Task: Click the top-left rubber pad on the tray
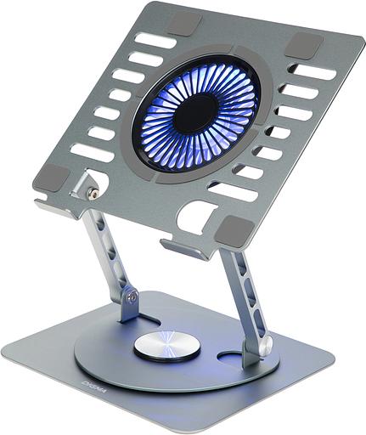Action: coord(185,24)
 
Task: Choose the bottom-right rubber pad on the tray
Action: coord(238,228)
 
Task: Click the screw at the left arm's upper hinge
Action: coord(93,194)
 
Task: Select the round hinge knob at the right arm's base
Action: coord(265,346)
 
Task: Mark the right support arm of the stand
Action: coord(244,297)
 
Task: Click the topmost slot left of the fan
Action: coord(155,40)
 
